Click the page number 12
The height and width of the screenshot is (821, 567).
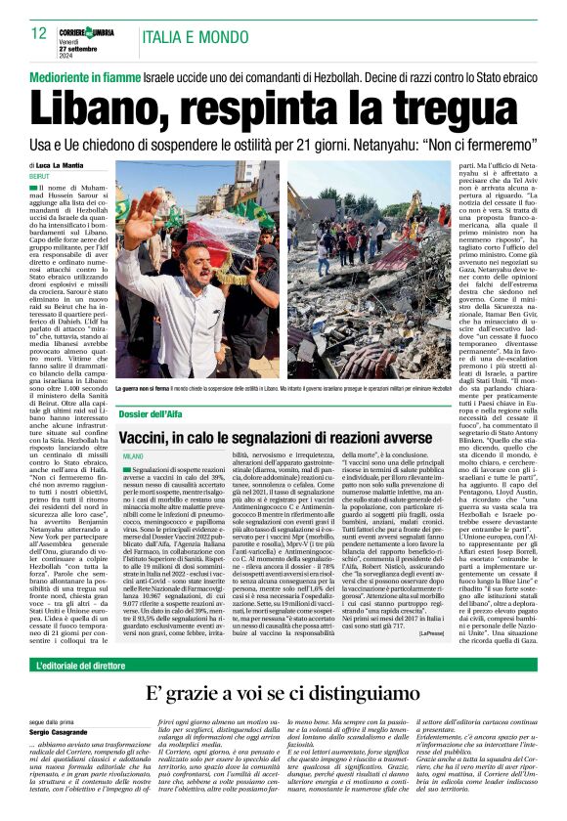point(40,33)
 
